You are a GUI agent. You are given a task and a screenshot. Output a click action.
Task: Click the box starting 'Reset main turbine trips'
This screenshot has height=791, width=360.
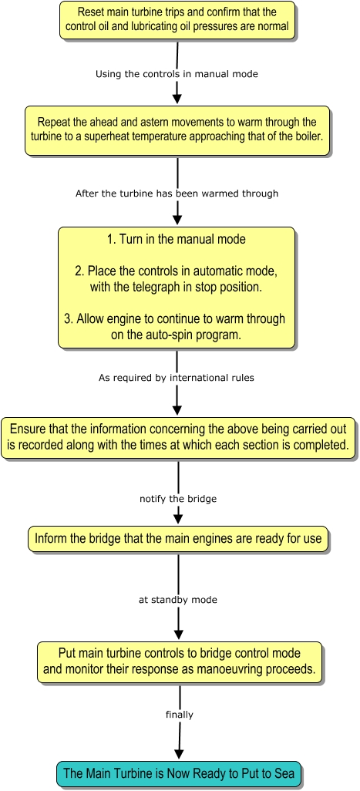pyautogui.click(x=177, y=20)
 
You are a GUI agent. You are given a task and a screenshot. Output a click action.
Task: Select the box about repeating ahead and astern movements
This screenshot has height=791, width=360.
pyautogui.click(x=177, y=130)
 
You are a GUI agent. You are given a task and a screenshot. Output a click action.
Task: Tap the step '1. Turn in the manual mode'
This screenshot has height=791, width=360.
pyautogui.click(x=177, y=239)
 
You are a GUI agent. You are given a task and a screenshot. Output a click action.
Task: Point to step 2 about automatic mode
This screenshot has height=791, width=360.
pyautogui.click(x=177, y=278)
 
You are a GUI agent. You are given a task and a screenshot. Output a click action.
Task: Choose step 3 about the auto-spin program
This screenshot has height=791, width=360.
pyautogui.click(x=177, y=327)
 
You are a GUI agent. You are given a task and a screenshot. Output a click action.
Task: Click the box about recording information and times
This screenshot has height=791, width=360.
pyautogui.click(x=178, y=437)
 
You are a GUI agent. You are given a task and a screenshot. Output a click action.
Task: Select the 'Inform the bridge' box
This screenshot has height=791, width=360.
pyautogui.click(x=178, y=538)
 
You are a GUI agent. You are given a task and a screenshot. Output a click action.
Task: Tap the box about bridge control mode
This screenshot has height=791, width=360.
pyautogui.click(x=180, y=662)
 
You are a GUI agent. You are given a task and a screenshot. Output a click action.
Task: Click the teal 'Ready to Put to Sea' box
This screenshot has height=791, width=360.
pyautogui.click(x=179, y=773)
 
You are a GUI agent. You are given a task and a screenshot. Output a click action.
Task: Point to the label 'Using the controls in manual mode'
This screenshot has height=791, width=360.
pyautogui.click(x=177, y=74)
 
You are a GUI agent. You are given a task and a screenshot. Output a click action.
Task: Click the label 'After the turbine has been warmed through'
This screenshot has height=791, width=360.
pyautogui.click(x=177, y=194)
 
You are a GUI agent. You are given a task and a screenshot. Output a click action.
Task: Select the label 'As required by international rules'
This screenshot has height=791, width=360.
pyautogui.click(x=177, y=377)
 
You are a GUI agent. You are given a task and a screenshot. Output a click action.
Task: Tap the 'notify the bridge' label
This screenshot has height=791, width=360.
pyautogui.click(x=178, y=499)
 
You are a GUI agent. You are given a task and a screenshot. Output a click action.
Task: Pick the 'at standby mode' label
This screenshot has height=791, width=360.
pyautogui.click(x=178, y=601)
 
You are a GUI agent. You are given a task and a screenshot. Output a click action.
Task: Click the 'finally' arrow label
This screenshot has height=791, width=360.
pyautogui.click(x=180, y=715)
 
